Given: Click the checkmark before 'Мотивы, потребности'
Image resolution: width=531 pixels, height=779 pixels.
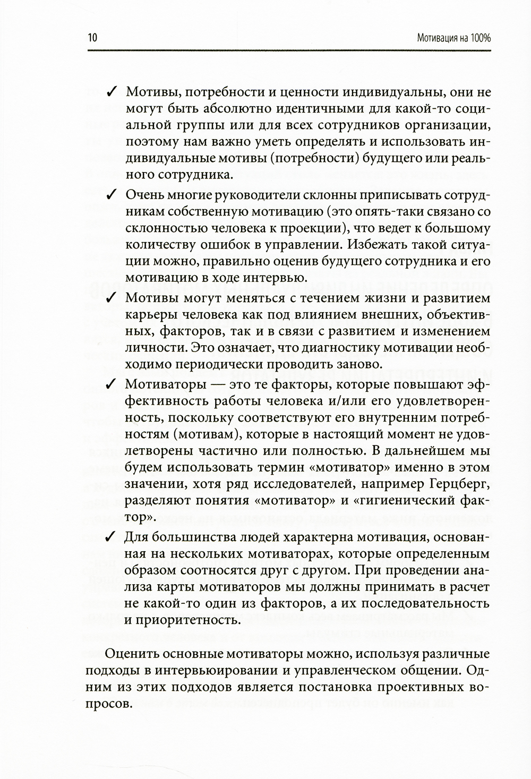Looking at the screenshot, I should [112, 92].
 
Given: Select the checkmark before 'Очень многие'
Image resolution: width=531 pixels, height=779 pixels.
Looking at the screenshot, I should [112, 195].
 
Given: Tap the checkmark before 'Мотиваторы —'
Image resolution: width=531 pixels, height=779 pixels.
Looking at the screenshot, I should [112, 383].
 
